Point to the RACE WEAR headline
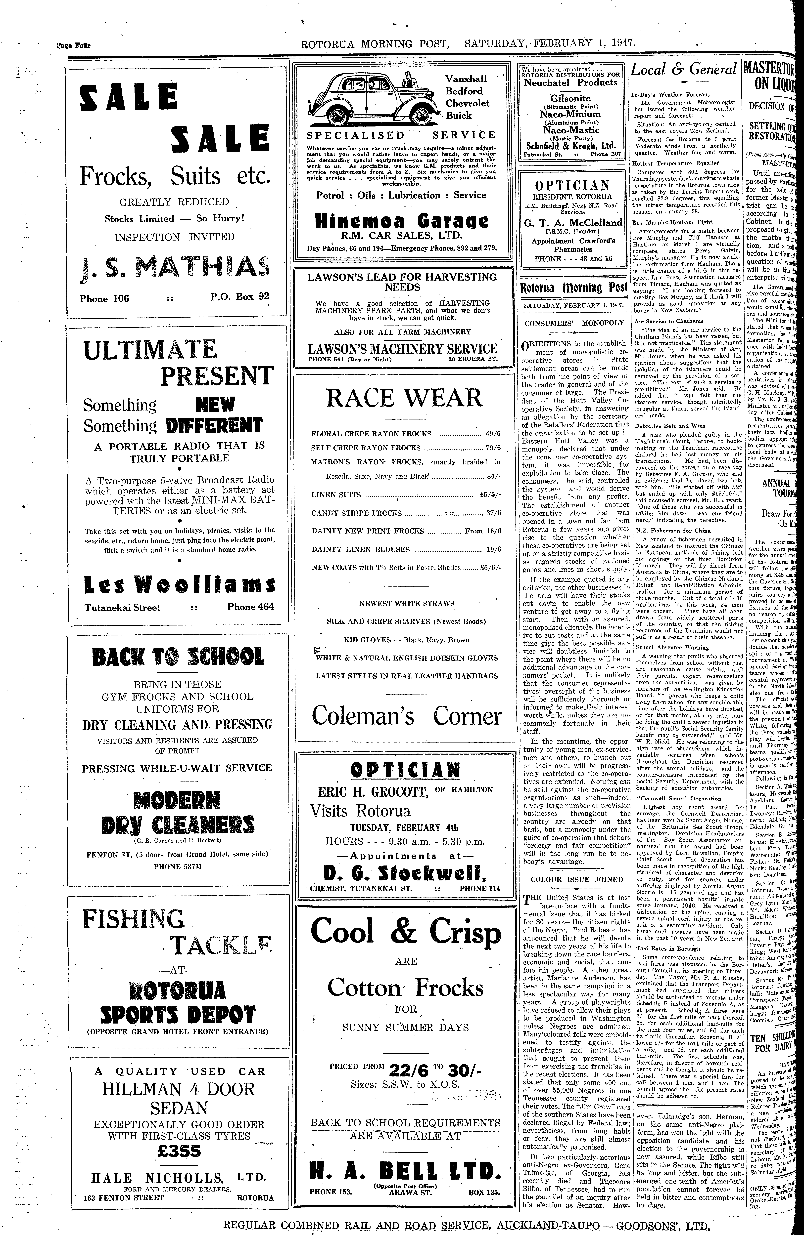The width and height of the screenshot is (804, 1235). tap(404, 398)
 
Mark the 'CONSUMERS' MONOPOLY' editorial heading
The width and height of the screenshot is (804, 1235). tap(574, 323)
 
